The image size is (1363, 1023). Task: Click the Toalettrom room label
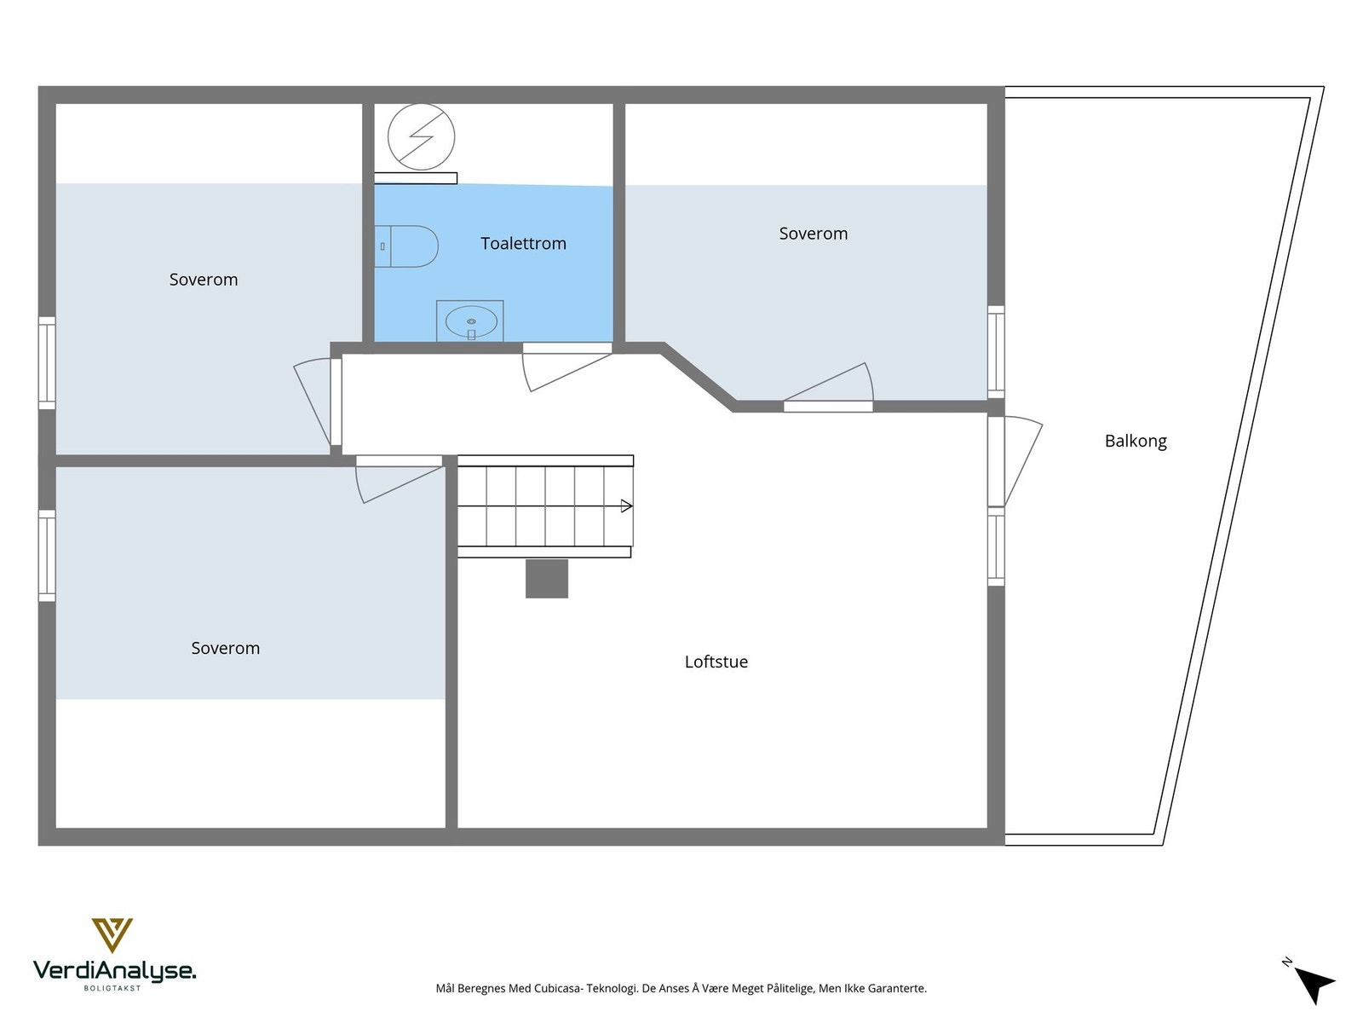click(x=523, y=244)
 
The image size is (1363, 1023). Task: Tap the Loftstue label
click(x=716, y=662)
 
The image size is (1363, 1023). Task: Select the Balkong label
click(x=1135, y=441)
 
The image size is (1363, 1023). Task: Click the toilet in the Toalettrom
click(x=407, y=246)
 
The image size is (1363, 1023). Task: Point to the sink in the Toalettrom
click(x=470, y=321)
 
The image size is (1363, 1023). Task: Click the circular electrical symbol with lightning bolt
click(x=421, y=137)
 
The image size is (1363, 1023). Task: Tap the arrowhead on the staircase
click(x=627, y=506)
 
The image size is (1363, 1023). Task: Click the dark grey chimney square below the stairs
click(x=546, y=579)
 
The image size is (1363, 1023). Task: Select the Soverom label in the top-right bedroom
click(x=813, y=234)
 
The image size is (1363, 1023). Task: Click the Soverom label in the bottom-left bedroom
click(x=225, y=648)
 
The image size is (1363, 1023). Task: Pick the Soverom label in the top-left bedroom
click(x=203, y=280)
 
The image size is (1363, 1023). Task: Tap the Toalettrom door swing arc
click(x=562, y=371)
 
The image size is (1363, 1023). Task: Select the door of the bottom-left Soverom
click(x=397, y=481)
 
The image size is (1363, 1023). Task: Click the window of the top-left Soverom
click(x=47, y=362)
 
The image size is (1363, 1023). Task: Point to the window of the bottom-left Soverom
click(x=47, y=556)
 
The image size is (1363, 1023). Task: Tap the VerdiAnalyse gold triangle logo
click(x=112, y=934)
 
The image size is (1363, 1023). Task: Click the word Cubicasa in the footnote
click(x=558, y=989)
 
